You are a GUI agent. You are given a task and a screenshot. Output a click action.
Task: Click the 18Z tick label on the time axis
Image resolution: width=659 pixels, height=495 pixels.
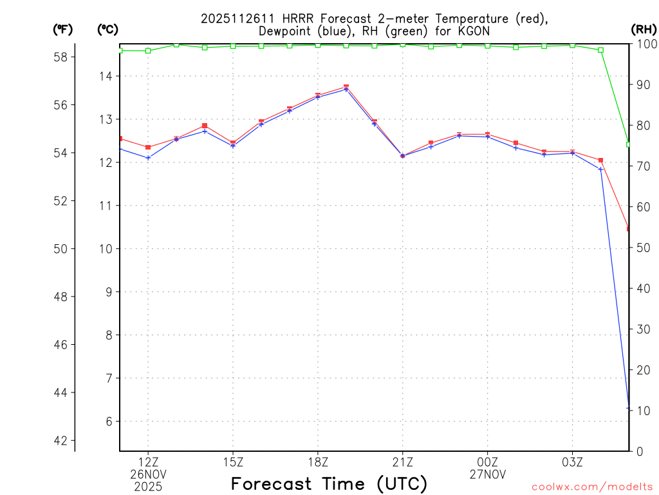(318, 462)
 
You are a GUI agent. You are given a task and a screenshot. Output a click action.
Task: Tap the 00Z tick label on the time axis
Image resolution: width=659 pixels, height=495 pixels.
(487, 462)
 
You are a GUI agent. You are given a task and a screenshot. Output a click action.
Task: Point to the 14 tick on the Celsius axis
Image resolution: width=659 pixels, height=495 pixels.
(105, 76)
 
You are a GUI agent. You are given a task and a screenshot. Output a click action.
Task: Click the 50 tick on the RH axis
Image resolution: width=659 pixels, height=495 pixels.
(642, 247)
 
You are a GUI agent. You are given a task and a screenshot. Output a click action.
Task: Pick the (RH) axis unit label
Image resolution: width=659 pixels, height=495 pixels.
(643, 29)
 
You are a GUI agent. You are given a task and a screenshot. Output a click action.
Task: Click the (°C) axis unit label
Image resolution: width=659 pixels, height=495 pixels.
(107, 29)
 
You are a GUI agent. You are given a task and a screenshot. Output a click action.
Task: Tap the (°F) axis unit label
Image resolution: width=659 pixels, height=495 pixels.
(63, 29)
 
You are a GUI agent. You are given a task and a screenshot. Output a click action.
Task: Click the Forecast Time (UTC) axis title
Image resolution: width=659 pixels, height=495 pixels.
(329, 483)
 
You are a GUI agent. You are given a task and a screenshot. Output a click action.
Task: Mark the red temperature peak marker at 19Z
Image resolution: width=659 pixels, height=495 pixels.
(346, 86)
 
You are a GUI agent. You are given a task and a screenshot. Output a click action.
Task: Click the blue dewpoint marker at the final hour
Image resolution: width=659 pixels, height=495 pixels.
(629, 407)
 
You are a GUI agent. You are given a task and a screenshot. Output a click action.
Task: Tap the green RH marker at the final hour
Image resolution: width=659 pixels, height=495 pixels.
(629, 144)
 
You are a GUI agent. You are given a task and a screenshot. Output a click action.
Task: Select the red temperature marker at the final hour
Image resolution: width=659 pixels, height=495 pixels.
(629, 229)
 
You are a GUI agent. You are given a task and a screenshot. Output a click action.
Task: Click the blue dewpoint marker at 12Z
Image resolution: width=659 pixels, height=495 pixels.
(148, 158)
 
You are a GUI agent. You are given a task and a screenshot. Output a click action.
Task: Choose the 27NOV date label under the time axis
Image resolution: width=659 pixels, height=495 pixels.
(487, 474)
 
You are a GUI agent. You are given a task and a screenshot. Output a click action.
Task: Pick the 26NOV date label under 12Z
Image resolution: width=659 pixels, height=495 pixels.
(148, 474)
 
